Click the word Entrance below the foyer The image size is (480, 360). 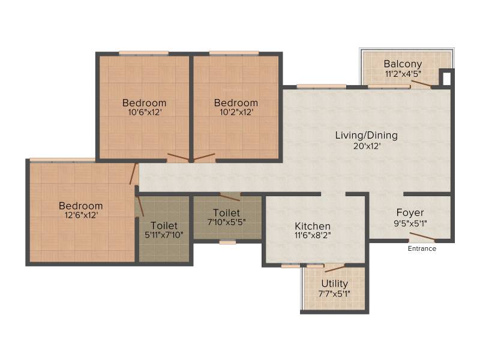(x=422, y=248)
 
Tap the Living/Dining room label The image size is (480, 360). (x=367, y=136)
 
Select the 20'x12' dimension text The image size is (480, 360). (x=367, y=146)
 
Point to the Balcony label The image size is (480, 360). (x=403, y=64)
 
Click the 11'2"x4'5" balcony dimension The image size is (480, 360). (x=403, y=74)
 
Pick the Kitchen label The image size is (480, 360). (x=313, y=226)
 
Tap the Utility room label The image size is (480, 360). (x=335, y=284)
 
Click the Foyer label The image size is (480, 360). (x=410, y=212)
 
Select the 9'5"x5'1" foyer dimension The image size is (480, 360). (x=410, y=223)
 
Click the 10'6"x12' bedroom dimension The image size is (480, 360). (x=145, y=112)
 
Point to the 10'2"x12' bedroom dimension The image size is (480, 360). (x=236, y=112)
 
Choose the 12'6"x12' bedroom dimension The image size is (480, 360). (x=81, y=215)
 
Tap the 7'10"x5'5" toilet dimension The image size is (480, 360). (x=227, y=222)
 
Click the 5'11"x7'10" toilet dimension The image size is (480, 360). (x=164, y=235)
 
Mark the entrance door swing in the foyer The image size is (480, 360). (x=422, y=236)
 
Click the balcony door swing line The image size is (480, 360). (x=421, y=84)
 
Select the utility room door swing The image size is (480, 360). (x=335, y=268)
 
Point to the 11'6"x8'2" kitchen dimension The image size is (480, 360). (x=313, y=235)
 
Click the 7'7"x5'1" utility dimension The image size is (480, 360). (x=335, y=294)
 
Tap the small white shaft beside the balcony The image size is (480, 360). (x=446, y=79)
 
